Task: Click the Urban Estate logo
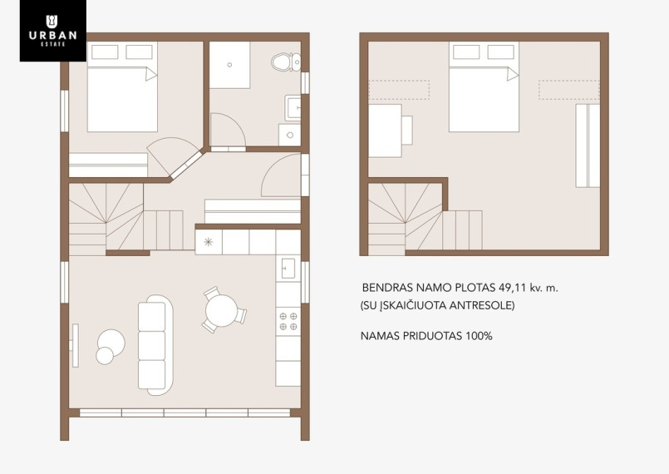(53, 30)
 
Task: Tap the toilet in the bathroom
(286, 62)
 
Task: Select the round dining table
(221, 310)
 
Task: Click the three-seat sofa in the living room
(155, 344)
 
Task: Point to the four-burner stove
(288, 322)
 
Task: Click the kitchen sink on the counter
(288, 268)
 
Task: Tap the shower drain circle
(229, 65)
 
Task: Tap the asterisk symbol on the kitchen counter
(209, 242)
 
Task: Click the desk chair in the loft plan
(407, 131)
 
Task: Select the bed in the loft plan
(484, 86)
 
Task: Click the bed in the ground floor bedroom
(122, 86)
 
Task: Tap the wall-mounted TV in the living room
(76, 345)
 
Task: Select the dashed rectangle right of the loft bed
(568, 90)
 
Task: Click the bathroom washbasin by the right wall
(293, 107)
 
